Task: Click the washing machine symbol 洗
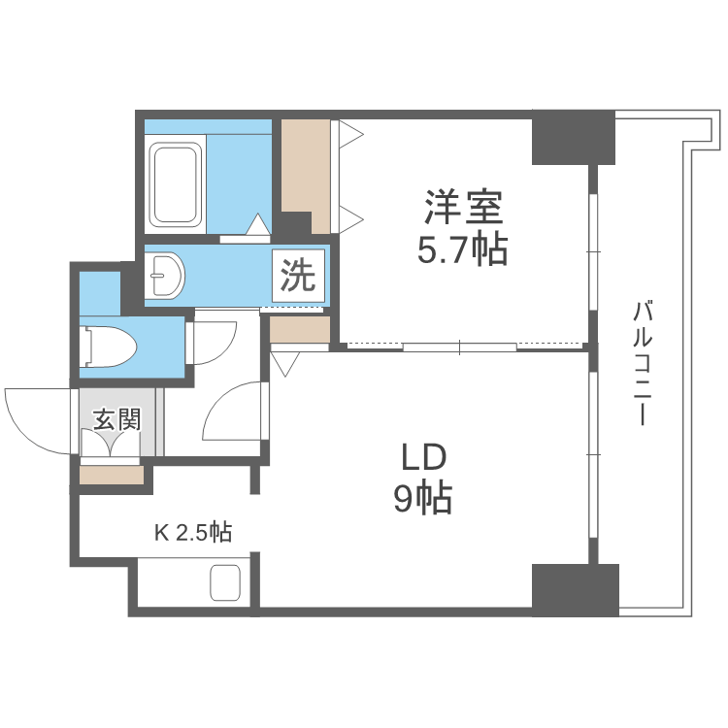298,277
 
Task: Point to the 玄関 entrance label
117,419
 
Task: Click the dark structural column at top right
573,139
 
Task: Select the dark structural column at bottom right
575,587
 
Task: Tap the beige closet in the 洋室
306,175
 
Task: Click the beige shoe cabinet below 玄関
112,476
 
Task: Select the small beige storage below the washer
299,331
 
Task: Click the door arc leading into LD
233,413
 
